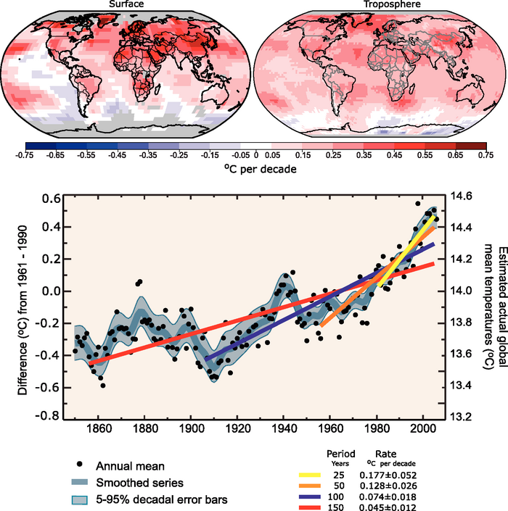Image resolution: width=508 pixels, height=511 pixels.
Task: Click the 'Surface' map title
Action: click(128, 5)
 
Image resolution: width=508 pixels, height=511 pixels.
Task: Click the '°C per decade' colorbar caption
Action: click(255, 168)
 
